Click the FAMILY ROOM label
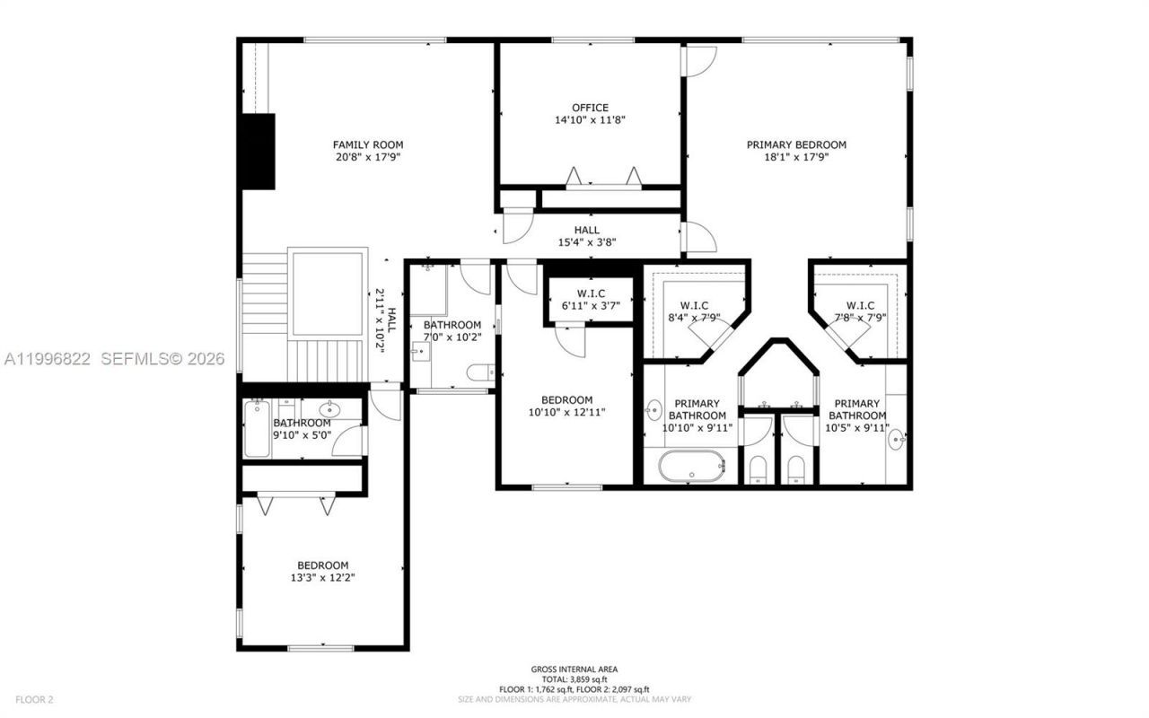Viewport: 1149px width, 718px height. click(367, 144)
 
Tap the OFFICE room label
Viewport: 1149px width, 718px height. click(590, 108)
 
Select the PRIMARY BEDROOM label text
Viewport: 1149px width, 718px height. click(796, 144)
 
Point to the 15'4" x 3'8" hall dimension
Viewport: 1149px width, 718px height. click(587, 242)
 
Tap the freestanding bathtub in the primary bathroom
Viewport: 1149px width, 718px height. click(691, 467)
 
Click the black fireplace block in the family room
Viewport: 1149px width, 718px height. click(258, 151)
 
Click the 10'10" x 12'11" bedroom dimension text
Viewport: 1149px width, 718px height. click(566, 413)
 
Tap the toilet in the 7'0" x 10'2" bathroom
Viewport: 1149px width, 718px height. click(481, 372)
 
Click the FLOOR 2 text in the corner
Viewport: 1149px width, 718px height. click(34, 699)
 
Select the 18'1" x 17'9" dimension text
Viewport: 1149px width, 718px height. click(796, 156)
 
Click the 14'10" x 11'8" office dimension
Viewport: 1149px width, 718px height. click(590, 119)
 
